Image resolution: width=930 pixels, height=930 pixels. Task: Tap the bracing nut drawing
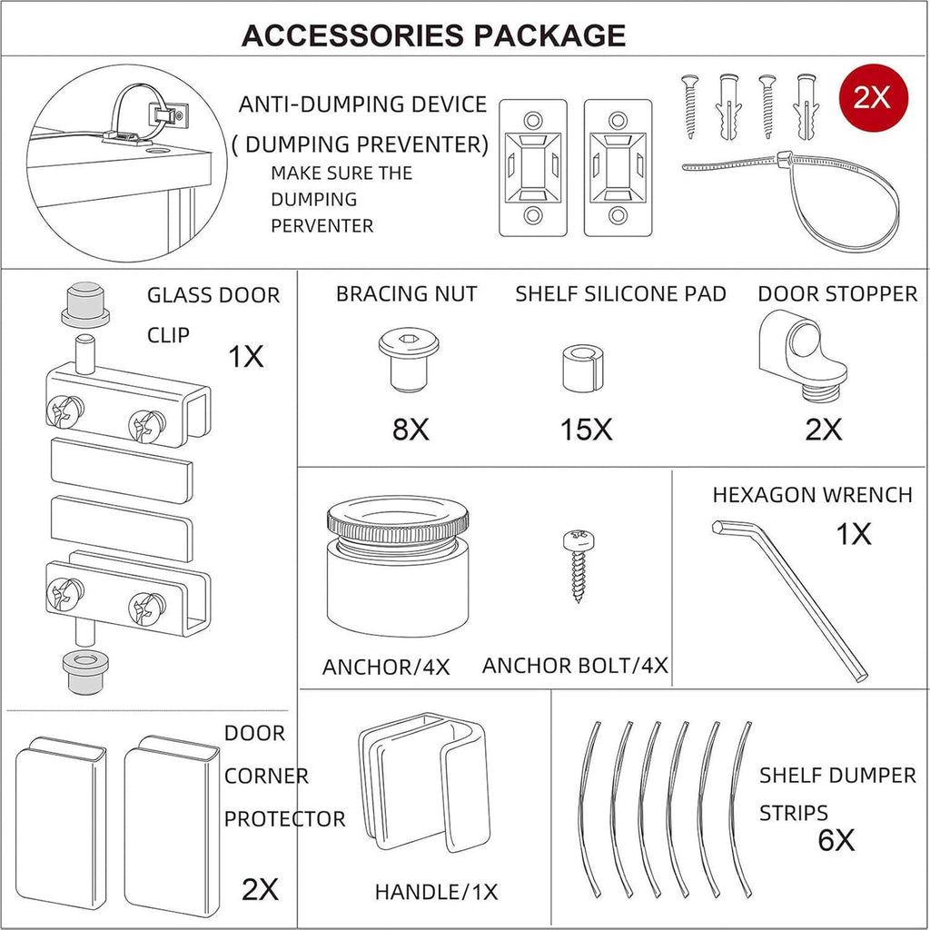(x=409, y=360)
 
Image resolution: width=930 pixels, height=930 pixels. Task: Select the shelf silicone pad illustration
(x=582, y=369)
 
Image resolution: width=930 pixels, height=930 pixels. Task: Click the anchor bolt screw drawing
(x=579, y=566)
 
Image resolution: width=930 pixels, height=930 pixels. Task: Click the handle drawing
(x=424, y=782)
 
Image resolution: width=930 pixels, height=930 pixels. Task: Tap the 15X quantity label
(x=586, y=430)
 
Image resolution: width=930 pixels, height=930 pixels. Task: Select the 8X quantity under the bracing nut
(x=411, y=430)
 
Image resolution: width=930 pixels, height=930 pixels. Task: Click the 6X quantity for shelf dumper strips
(x=836, y=840)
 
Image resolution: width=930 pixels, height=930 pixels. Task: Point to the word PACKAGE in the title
(x=549, y=35)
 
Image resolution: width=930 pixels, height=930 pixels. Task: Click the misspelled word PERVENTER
(x=322, y=226)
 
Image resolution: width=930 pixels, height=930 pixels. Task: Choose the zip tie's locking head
(x=784, y=159)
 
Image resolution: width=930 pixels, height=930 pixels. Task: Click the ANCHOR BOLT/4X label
(x=575, y=666)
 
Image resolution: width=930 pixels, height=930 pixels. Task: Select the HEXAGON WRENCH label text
(x=812, y=495)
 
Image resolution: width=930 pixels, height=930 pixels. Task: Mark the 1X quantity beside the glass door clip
(x=245, y=356)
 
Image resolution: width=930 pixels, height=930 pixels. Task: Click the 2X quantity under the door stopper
(x=823, y=430)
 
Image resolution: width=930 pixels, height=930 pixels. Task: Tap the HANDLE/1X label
(x=436, y=892)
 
